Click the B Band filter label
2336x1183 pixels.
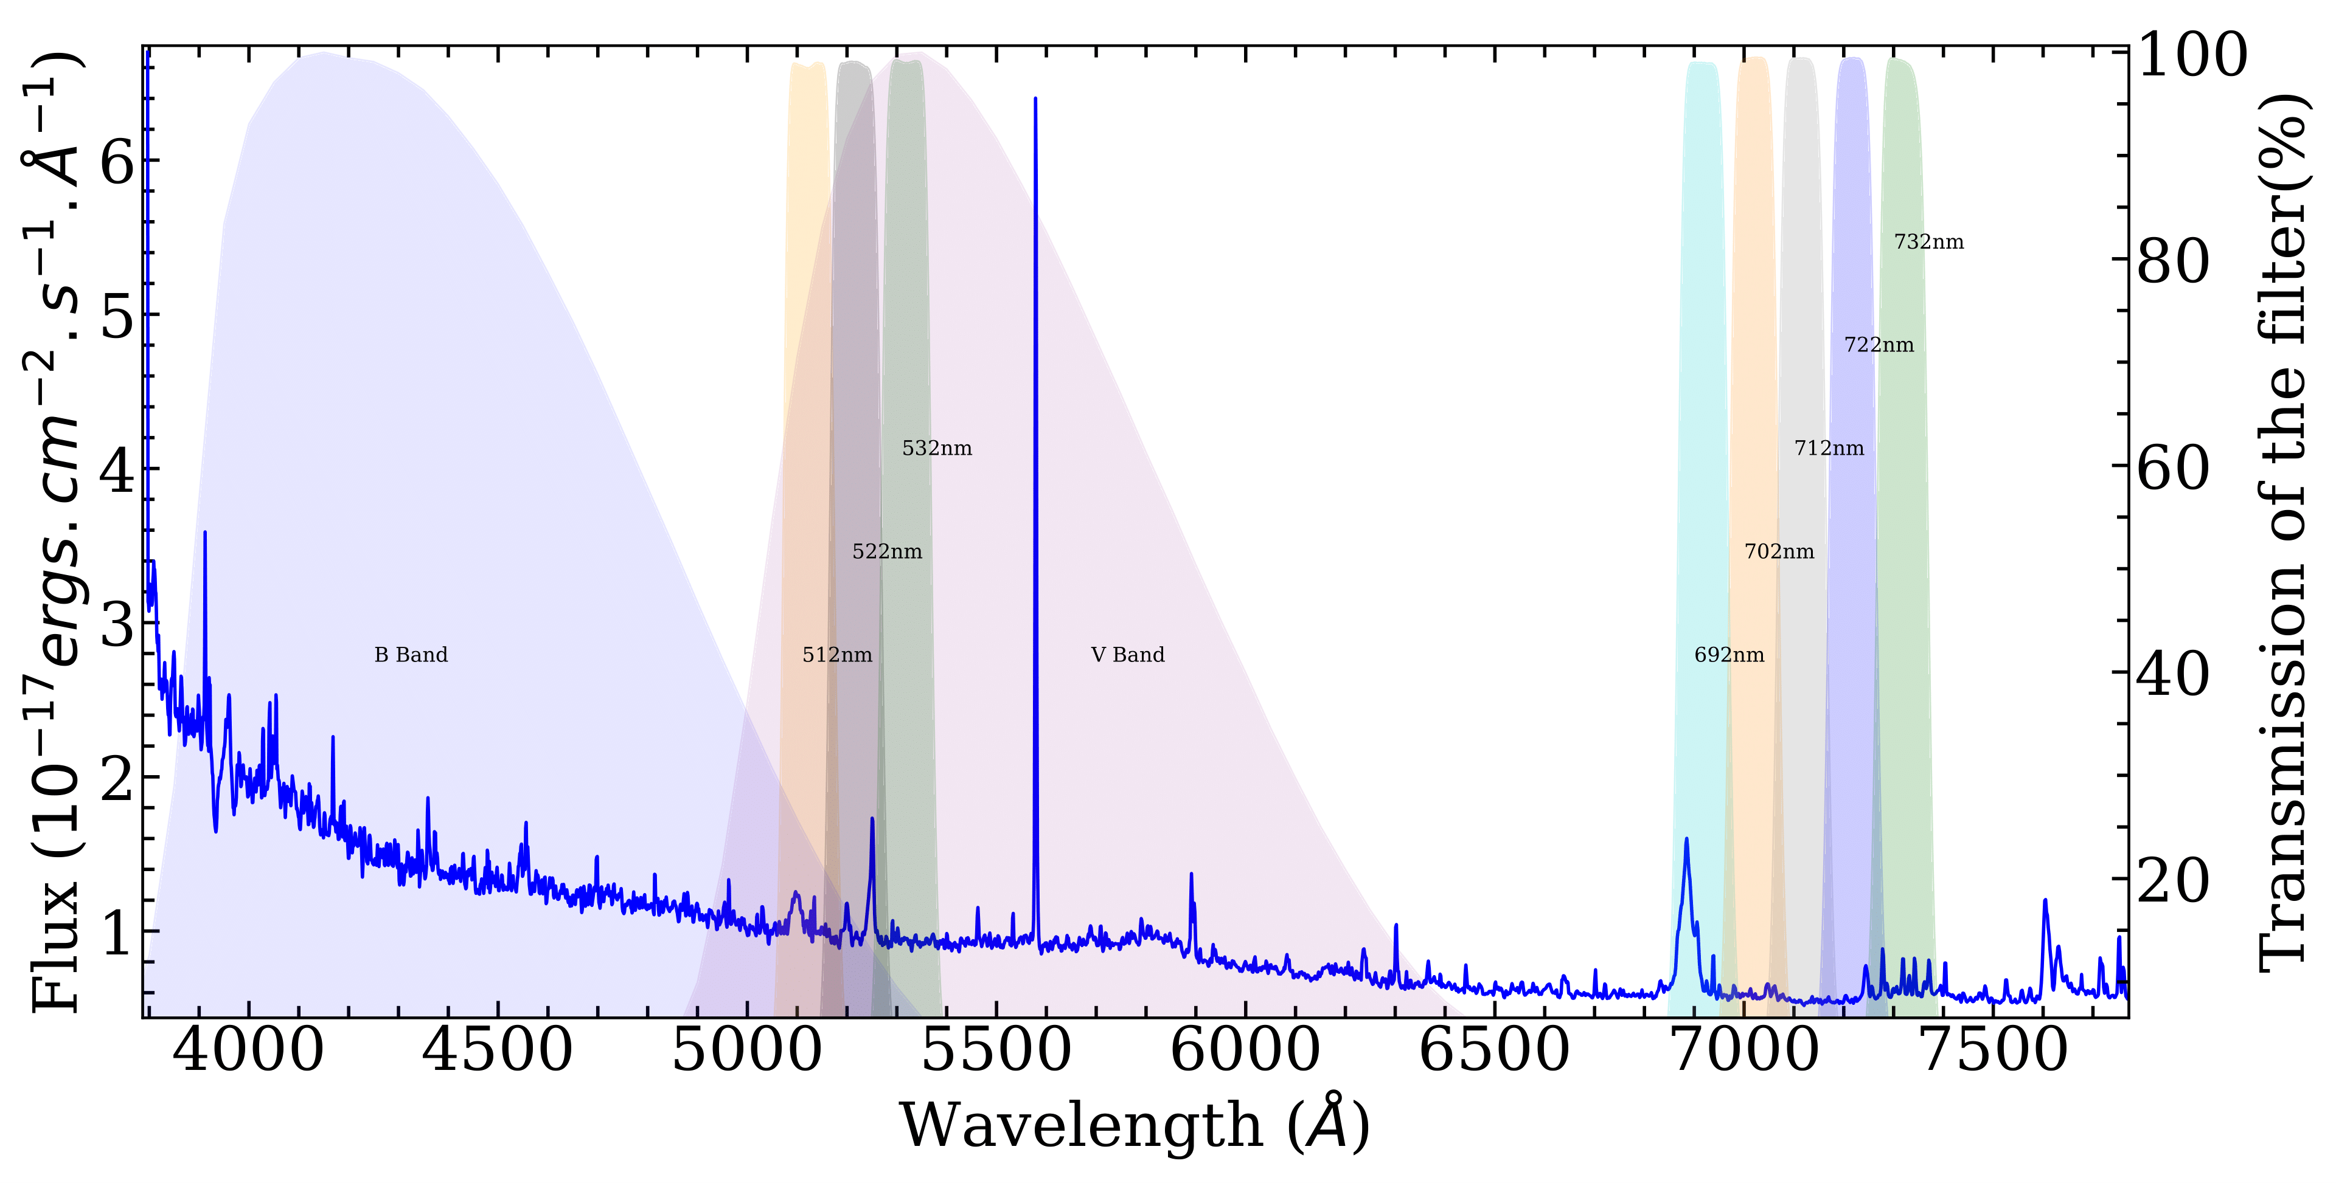point(411,655)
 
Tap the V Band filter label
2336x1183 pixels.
point(1127,655)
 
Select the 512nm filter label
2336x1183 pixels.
point(837,655)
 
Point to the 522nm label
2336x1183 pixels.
point(887,551)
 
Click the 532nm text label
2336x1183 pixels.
point(937,448)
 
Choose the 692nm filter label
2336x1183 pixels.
point(1729,655)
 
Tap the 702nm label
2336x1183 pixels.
point(1779,551)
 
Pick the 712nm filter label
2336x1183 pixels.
point(1829,448)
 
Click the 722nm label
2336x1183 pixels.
point(1879,345)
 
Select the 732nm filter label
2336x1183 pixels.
point(1929,242)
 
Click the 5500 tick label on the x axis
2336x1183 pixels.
point(996,1052)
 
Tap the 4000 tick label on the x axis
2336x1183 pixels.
point(248,1052)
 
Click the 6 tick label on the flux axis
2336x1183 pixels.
point(118,163)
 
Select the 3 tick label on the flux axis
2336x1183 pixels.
point(118,624)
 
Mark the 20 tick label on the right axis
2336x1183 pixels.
point(2173,879)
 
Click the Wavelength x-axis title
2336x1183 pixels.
point(1133,1126)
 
